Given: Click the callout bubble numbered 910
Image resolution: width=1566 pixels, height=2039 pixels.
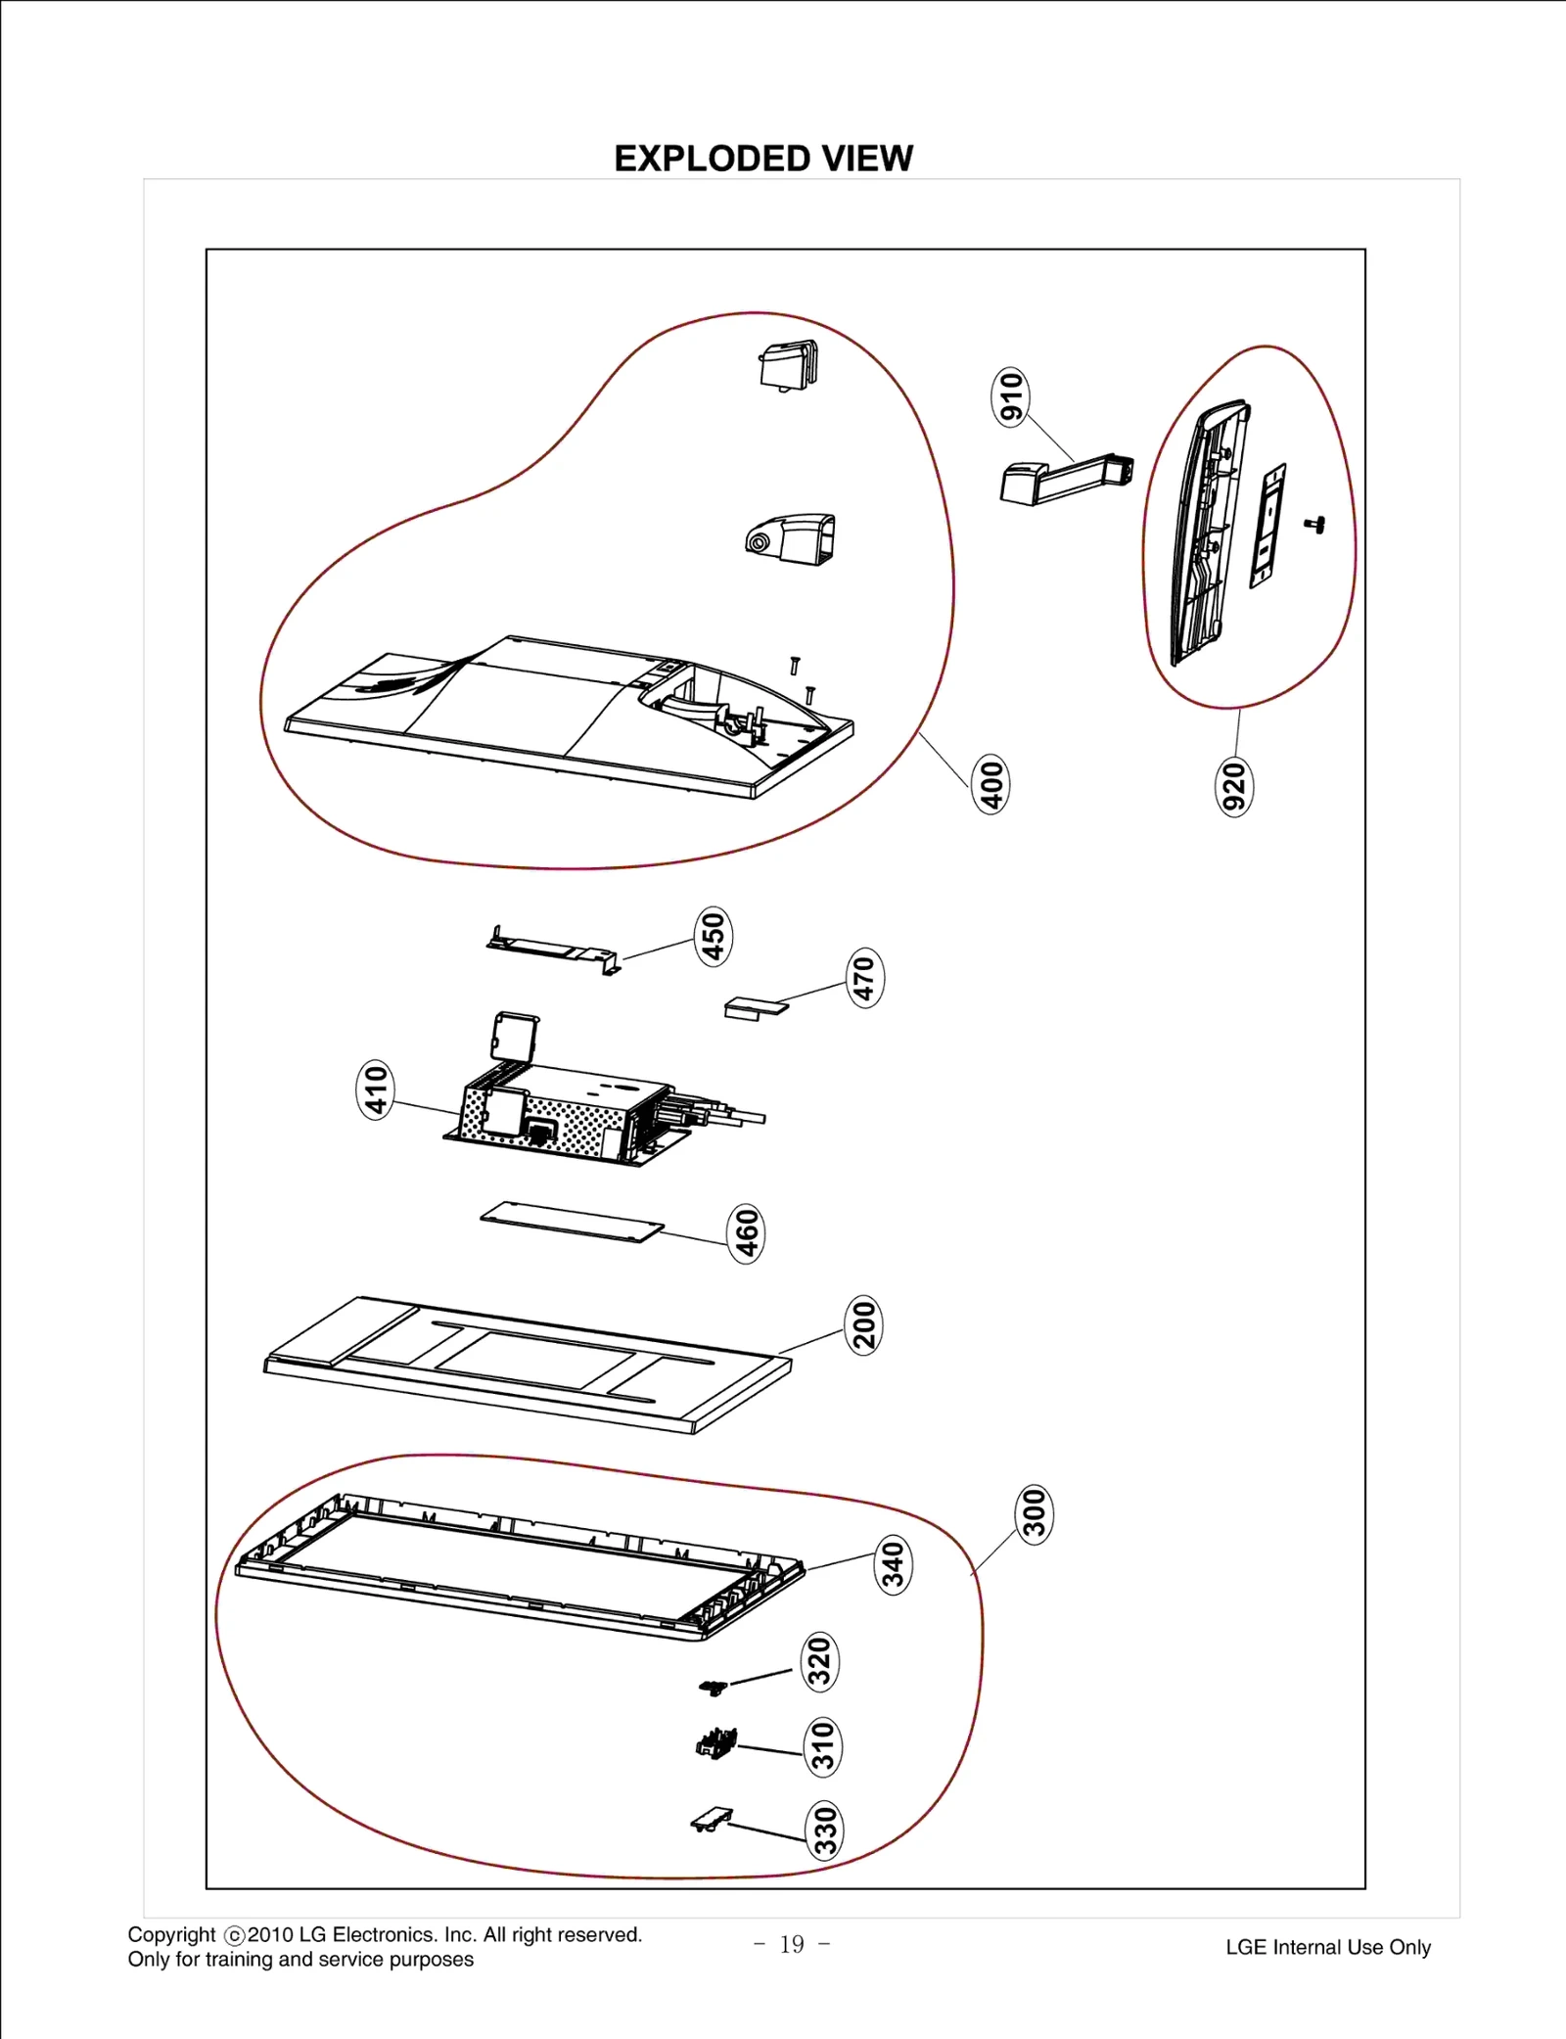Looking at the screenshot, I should [1011, 396].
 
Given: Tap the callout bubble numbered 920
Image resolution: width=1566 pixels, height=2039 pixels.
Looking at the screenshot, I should [1234, 786].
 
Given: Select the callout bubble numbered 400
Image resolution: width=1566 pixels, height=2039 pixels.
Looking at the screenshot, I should [990, 784].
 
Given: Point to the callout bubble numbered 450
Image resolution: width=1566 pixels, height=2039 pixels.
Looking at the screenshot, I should [714, 936].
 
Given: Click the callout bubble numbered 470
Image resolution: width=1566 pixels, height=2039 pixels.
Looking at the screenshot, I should [864, 977].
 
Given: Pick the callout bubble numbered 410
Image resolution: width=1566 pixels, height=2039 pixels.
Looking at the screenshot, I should [375, 1089].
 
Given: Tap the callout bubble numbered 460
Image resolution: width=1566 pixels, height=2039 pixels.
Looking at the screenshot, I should [747, 1232].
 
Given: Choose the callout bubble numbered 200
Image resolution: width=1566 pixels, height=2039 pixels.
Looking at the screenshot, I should [863, 1324].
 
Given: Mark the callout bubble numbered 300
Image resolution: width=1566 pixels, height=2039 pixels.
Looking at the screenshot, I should [1035, 1513].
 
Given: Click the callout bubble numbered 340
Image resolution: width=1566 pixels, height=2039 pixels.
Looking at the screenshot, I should [893, 1564].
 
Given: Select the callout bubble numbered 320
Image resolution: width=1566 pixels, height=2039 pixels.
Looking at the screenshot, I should [820, 1661].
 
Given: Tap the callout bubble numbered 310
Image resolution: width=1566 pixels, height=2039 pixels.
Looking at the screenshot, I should [822, 1746].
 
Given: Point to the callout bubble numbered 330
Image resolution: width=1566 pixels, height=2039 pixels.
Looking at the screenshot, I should [825, 1830].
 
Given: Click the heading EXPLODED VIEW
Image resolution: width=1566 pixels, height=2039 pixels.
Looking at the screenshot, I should [763, 159].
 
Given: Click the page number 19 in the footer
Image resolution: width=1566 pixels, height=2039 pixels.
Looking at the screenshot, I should [792, 1944].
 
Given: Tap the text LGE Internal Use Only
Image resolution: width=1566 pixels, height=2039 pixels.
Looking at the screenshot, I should [1327, 1947].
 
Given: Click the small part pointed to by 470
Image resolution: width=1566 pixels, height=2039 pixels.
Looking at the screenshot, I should [754, 1007].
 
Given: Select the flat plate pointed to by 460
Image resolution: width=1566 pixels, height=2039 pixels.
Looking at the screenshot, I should [573, 1223].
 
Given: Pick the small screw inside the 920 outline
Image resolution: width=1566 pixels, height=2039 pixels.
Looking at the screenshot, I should [1315, 525].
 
